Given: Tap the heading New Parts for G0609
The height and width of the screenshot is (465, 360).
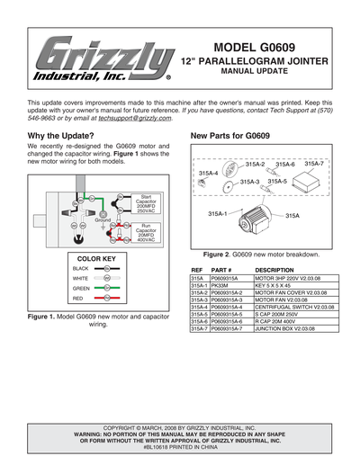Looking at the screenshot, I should coord(230,136).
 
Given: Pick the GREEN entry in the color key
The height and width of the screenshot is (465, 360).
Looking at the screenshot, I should coord(80,288).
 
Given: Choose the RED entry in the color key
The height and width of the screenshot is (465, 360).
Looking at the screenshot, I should coord(78,298).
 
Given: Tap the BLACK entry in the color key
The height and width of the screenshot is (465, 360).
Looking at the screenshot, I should coord(80,269).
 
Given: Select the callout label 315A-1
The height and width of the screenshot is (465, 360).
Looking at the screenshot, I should coord(217,212).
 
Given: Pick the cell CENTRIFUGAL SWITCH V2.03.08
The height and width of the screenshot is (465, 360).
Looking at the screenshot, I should coord(296,308).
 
